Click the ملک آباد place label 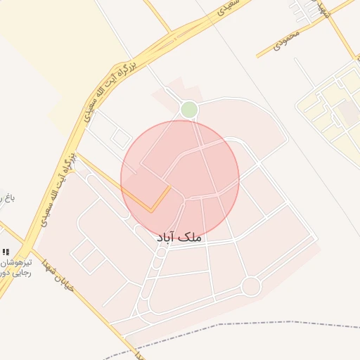click(179, 238)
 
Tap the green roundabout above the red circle click(188, 110)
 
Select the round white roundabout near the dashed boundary click(251, 286)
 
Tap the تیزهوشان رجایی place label click(14, 266)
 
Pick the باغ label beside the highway click(7, 198)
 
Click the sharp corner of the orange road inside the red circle click(150, 210)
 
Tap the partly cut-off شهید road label click(324, 8)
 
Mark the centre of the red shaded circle click(180, 179)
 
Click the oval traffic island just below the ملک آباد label click(161, 252)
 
